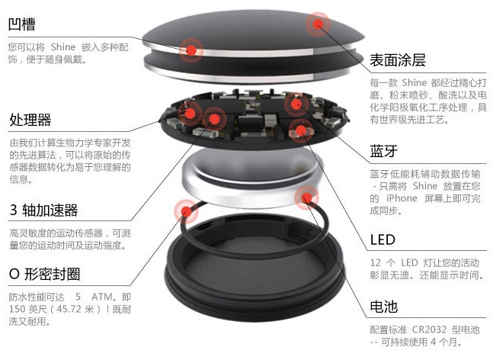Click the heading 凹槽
(x=21, y=24)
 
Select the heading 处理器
(x=30, y=120)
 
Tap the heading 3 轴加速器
(x=43, y=211)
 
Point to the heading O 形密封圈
(x=44, y=274)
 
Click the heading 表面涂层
(x=398, y=60)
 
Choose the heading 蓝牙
(x=383, y=151)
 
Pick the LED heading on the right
(x=383, y=239)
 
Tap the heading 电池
(x=383, y=307)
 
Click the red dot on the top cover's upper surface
(x=319, y=24)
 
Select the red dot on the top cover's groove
(x=191, y=50)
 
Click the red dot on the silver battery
(x=306, y=198)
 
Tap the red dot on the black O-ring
(x=187, y=211)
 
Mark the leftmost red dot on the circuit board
(x=190, y=112)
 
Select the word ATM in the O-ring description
(x=102, y=297)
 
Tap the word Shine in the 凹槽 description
(x=63, y=47)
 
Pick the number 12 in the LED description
(x=376, y=262)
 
